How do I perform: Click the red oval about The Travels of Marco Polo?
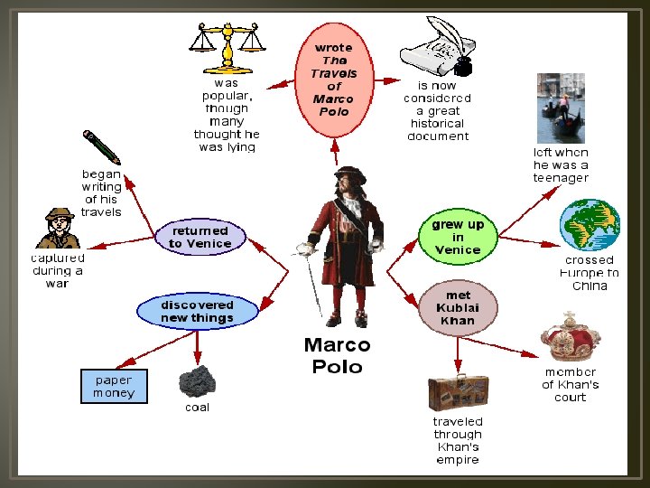pos(333,80)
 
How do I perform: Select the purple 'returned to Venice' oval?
pos(200,237)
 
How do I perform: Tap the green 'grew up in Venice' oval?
pos(458,237)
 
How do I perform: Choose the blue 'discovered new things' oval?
pos(197,311)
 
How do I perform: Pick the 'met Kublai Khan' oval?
pos(458,307)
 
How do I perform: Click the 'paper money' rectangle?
pos(114,387)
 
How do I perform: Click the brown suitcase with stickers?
pos(458,391)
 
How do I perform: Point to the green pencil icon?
pos(100,148)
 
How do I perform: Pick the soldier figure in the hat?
pos(59,228)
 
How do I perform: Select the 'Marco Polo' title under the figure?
pos(337,355)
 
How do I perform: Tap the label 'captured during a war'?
pos(57,270)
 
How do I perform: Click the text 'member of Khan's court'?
pos(571,384)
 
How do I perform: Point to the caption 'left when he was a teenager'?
pos(561,165)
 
